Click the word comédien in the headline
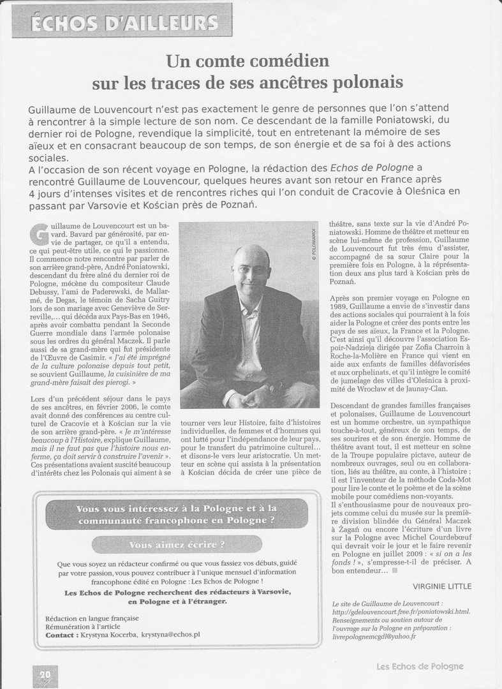290,62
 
